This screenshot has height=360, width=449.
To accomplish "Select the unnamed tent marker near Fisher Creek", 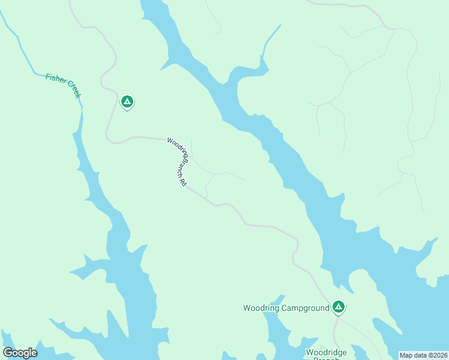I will click(x=127, y=101).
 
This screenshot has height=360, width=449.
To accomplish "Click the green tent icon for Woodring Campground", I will click(x=339, y=307).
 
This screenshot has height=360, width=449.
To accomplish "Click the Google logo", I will click(x=20, y=353).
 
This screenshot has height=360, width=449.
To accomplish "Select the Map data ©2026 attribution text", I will click(x=424, y=355).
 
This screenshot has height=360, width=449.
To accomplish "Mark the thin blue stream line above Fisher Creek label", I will click(x=18, y=42).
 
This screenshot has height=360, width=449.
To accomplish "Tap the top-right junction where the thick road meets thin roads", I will click(x=393, y=28).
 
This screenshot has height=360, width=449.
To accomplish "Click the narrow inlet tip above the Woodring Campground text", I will click(x=282, y=296).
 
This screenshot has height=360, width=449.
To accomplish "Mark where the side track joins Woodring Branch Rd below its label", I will click(x=206, y=199).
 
